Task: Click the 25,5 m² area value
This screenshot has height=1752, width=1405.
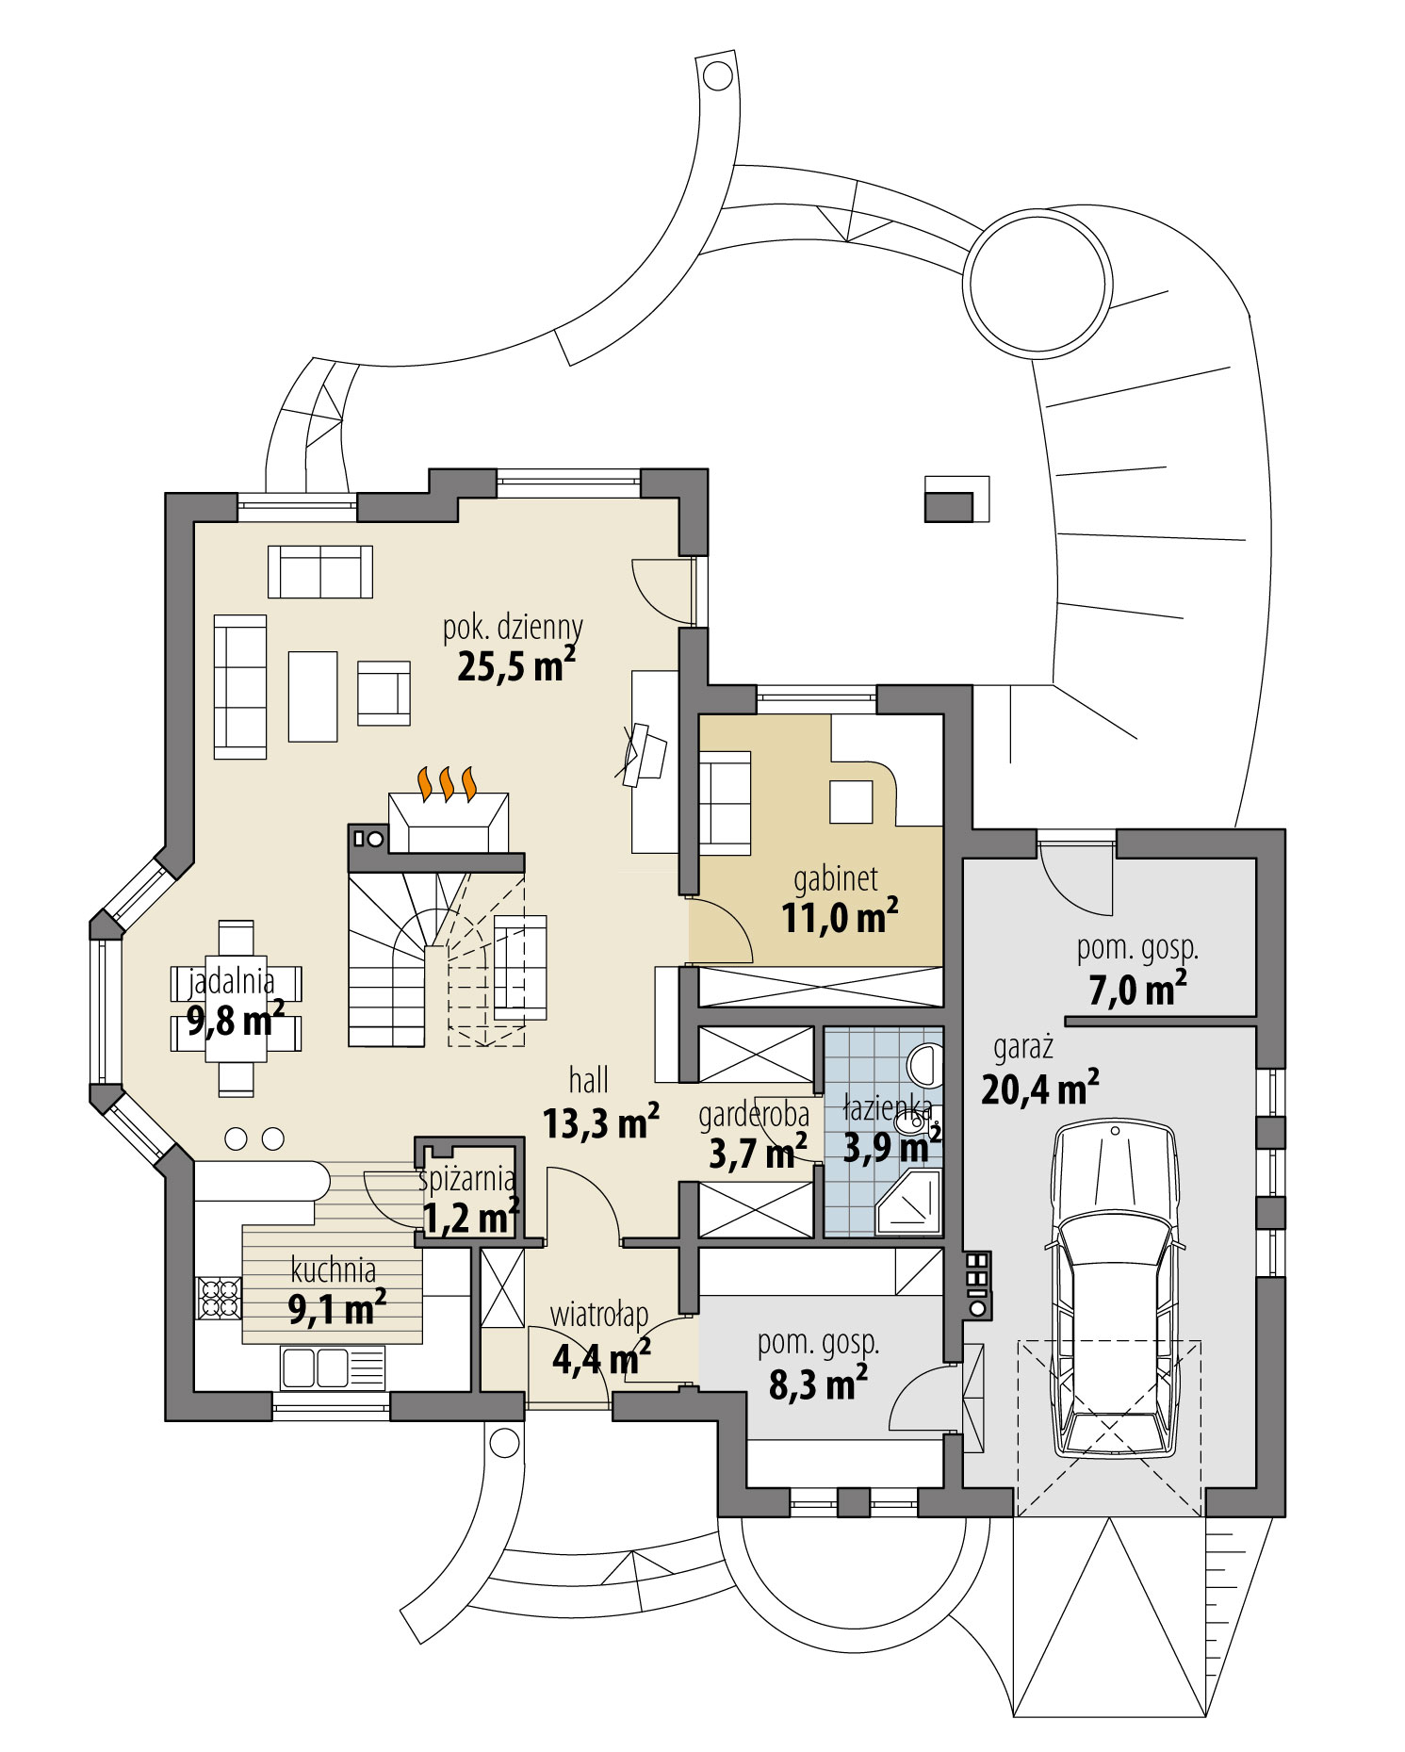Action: pos(515,667)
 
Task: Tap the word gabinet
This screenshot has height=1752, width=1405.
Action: pos(835,879)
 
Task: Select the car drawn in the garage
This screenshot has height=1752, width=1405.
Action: pos(1115,1291)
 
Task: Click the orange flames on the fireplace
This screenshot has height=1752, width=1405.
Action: pos(448,783)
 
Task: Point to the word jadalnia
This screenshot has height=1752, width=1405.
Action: pos(232,982)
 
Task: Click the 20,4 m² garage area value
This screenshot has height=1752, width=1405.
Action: pos(1039,1089)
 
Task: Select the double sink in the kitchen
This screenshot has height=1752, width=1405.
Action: pos(316,1367)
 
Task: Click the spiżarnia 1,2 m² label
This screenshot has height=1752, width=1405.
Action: pos(468,1202)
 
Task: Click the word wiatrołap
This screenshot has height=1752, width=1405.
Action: pos(598,1313)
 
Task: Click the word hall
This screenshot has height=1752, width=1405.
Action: pos(588,1080)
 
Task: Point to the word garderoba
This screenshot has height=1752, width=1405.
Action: pos(753,1115)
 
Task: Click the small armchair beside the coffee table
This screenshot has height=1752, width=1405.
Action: pos(384,693)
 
